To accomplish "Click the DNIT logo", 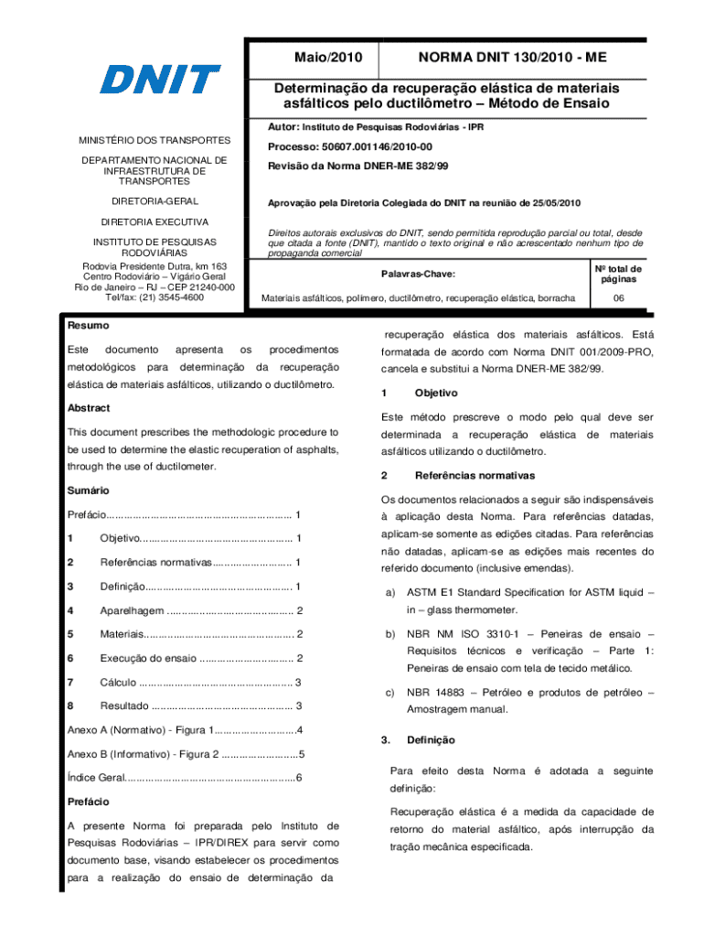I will click(160, 80).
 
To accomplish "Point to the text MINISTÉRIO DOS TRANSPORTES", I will click(154, 140).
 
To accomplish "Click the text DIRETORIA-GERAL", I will click(154, 200).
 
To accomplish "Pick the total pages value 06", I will click(618, 298).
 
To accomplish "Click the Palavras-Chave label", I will click(417, 274).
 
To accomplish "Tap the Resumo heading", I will click(89, 326).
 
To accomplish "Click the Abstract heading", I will click(90, 408).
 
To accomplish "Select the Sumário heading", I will click(89, 491).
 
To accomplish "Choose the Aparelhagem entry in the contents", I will click(133, 610).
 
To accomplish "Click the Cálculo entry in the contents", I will click(119, 682).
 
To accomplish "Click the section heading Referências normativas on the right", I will click(471, 476).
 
